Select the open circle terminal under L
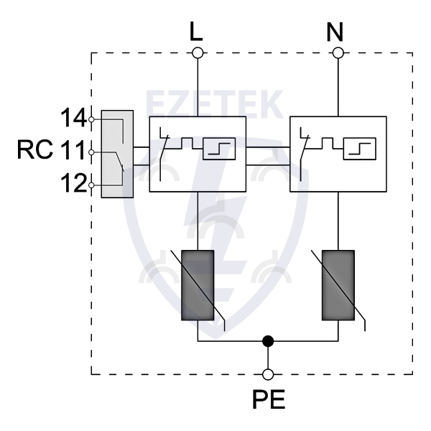pyautogui.click(x=197, y=52)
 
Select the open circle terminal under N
pyautogui.click(x=337, y=52)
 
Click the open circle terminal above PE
pyautogui.click(x=268, y=374)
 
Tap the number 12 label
pyautogui.click(x=73, y=185)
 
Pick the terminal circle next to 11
pyautogui.click(x=91, y=152)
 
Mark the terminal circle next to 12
pyautogui.click(x=91, y=185)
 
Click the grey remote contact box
pyautogui.click(x=117, y=154)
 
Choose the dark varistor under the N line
pyautogui.click(x=337, y=284)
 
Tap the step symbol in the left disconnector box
pyautogui.click(x=217, y=149)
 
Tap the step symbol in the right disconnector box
pyautogui.click(x=357, y=149)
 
